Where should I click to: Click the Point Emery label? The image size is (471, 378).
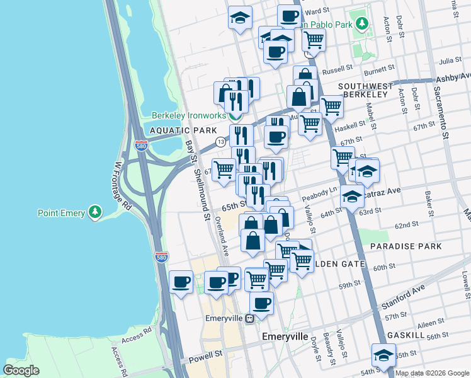[x=61, y=213]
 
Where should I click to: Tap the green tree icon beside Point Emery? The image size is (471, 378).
[x=95, y=213]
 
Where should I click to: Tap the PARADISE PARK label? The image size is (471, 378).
[x=406, y=246]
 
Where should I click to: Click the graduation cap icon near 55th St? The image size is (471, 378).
[x=383, y=355]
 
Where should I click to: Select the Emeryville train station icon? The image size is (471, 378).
[x=250, y=318]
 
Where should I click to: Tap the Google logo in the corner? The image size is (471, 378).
[x=21, y=370]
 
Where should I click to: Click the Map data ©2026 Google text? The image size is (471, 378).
[x=432, y=373]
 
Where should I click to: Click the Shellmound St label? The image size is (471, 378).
[x=201, y=195]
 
